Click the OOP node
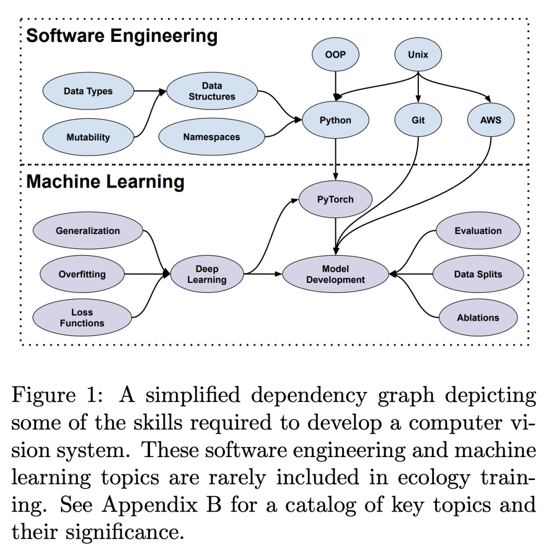pos(335,55)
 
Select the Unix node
pos(418,55)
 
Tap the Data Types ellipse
pos(88,91)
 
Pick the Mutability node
pos(88,137)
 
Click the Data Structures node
pos(212,91)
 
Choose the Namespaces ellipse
pos(211,137)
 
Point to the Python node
pos(335,121)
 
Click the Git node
pos(418,121)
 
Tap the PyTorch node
pos(335,199)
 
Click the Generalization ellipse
pos(88,231)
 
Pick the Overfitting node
pos(82,274)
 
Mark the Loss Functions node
pos(82,318)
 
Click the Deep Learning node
pos(207,274)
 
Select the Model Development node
pos(335,274)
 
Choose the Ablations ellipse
pos(478,317)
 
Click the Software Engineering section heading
pos(121,36)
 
